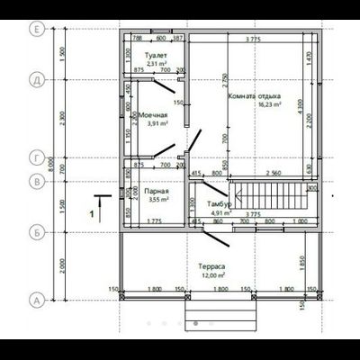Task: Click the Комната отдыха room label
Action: [256, 95]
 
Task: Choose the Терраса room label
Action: [212, 267]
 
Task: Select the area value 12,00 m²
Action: [212, 275]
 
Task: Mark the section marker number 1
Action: [92, 214]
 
